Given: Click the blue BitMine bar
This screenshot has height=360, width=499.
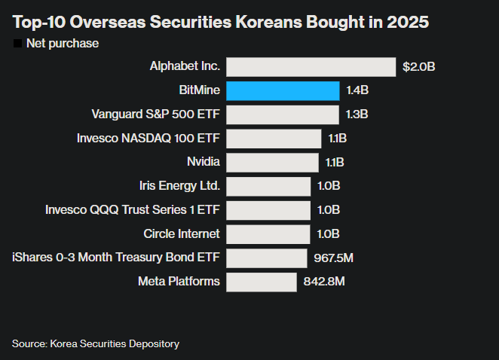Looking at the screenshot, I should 283,91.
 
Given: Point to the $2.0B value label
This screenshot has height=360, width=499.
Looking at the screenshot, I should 419,67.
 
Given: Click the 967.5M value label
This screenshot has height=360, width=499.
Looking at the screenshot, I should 334,258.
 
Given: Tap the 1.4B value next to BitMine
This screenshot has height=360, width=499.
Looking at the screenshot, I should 357,91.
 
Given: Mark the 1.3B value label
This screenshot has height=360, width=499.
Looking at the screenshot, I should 357,114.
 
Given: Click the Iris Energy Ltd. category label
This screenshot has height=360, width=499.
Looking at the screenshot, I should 180,186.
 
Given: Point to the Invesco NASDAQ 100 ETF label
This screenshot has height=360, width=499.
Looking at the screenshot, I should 148,139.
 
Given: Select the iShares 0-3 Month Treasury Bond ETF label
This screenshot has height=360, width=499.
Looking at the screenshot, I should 116,258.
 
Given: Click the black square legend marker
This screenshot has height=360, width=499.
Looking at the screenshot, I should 17,44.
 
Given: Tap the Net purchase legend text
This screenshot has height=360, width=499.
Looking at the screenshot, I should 63,44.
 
